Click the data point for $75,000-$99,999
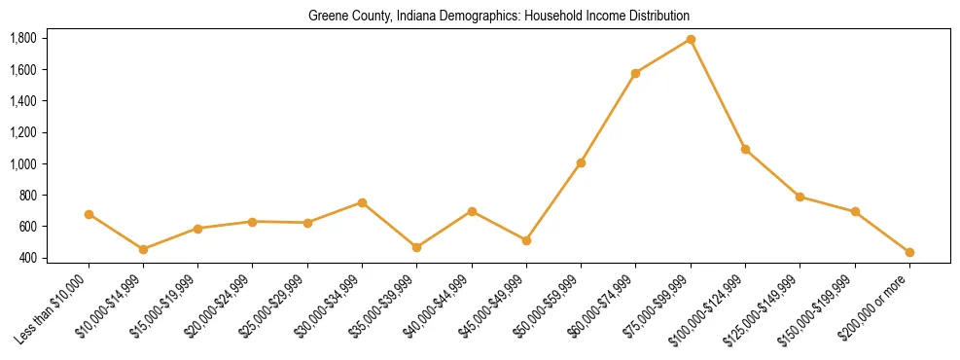691,40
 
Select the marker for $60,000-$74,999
635,73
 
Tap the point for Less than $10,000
89,214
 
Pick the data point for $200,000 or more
909,252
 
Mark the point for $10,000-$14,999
143,249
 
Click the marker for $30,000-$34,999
362,202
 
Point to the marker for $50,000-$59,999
581,162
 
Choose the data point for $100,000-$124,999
745,149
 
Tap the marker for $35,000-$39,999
416,247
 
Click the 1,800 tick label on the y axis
22,39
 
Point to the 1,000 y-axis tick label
22,163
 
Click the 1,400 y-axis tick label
22,101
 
